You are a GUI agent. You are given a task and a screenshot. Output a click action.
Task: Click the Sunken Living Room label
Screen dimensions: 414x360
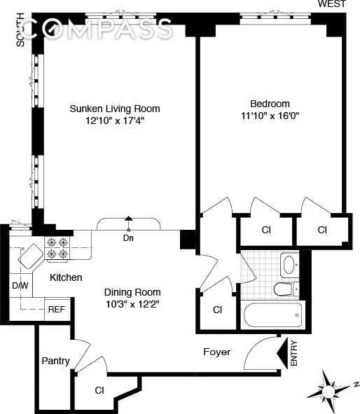coord(114,109)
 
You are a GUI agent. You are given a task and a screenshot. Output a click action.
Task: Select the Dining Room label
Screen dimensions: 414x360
coord(132,292)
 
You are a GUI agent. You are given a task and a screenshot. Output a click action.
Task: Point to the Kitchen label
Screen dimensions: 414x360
coord(66,277)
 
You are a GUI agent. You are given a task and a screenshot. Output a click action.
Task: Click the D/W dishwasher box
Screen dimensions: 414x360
coord(19,286)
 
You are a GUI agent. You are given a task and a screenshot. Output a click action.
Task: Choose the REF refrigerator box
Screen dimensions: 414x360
coord(56,308)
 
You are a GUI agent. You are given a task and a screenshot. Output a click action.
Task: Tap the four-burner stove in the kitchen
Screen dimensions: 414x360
coord(56,249)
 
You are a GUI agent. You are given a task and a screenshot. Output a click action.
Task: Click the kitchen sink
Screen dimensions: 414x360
coord(30,257)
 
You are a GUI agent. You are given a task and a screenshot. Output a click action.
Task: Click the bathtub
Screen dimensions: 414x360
coord(273,316)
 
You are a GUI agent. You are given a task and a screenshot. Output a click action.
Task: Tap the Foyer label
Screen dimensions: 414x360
coord(216,352)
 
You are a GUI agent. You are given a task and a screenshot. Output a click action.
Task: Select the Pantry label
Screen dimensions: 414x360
coord(55,361)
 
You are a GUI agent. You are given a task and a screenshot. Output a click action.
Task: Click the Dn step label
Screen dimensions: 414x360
coord(128,237)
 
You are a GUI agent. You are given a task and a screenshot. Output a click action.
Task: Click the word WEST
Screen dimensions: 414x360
coord(332,4)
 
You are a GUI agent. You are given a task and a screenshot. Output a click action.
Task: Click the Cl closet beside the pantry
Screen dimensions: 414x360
coord(100,391)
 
